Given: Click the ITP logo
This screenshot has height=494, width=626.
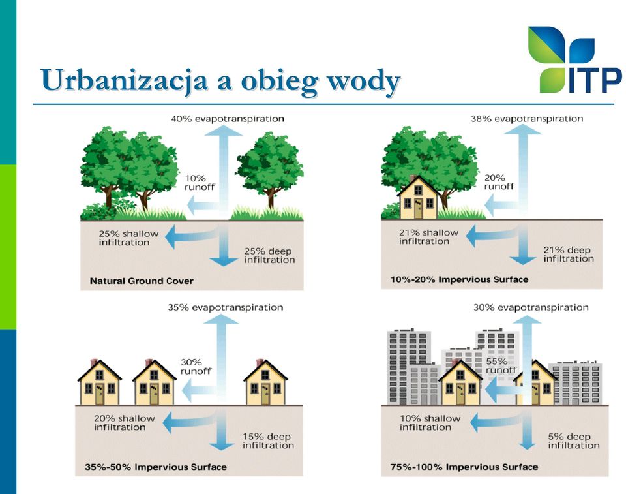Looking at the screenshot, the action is (x=575, y=60).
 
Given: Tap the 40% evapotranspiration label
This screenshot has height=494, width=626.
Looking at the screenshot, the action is (x=228, y=119).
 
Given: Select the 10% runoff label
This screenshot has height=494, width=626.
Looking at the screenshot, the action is (x=200, y=183).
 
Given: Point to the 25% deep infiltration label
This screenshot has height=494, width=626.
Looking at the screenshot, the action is (x=269, y=255).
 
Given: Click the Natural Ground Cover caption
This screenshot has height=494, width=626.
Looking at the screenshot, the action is (x=142, y=281).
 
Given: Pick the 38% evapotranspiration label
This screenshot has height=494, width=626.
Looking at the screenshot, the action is (x=527, y=119).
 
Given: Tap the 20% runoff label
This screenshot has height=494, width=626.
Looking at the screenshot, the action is (x=499, y=182).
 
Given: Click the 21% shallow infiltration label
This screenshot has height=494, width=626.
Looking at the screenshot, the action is (x=428, y=237).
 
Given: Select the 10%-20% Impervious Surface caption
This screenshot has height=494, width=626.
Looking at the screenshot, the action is (x=459, y=279).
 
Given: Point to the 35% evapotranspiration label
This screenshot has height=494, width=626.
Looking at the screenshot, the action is (x=226, y=307).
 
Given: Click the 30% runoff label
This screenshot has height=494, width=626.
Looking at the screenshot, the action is (x=196, y=367).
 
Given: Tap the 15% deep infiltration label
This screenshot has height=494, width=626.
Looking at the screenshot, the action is (x=268, y=441).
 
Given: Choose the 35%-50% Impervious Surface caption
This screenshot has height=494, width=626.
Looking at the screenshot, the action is (x=156, y=467).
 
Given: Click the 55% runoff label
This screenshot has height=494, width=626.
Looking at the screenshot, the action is (x=501, y=365).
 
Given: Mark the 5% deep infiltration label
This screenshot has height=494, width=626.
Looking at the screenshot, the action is (x=574, y=441).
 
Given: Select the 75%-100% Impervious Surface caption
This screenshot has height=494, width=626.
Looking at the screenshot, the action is (x=464, y=467).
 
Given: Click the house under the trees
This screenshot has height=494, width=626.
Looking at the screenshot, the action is (x=419, y=197).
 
